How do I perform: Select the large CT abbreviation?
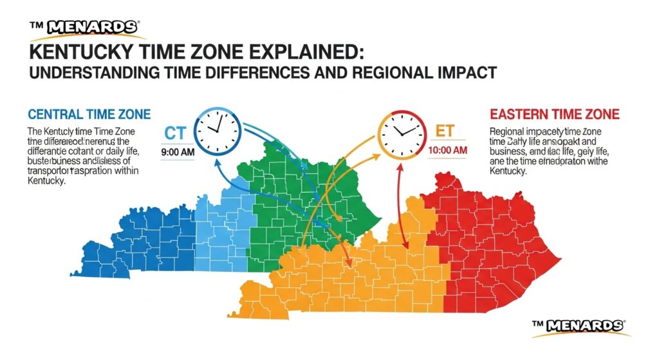pos(176,133)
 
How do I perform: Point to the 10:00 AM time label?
pos(447,150)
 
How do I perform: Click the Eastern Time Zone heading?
pos(554,115)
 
